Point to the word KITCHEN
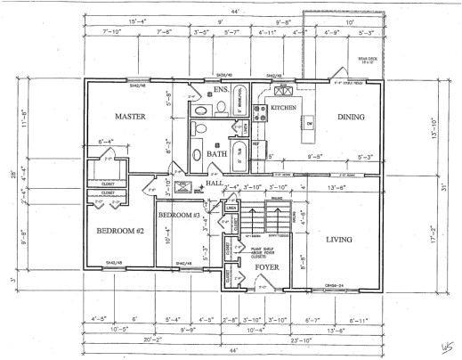[x=283, y=108]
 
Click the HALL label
[x=215, y=184]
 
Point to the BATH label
[x=217, y=153]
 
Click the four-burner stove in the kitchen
[x=262, y=112]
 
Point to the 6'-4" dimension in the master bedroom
[x=106, y=140]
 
